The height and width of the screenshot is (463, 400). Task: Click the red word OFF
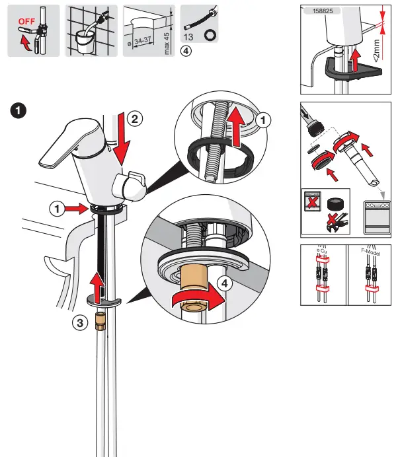click(26, 20)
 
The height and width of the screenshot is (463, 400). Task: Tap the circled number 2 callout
click(134, 119)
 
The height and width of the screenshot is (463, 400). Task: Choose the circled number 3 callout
click(80, 323)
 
